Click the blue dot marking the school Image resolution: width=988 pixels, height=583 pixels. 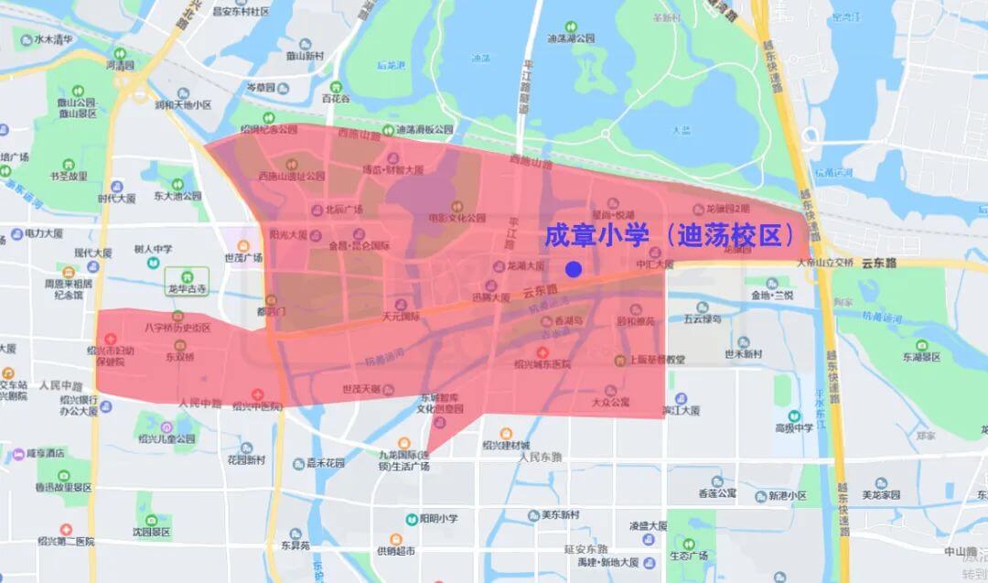(574, 269)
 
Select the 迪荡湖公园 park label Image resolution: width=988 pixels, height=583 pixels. (571, 38)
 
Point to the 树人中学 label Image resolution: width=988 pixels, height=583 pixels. (153, 248)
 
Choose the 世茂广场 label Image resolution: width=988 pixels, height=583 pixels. (244, 258)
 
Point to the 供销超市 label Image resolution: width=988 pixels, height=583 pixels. (396, 551)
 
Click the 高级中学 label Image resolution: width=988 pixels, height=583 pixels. (794, 427)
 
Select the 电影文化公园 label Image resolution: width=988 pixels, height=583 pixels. (457, 219)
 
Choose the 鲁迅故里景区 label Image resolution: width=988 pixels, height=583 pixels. (63, 487)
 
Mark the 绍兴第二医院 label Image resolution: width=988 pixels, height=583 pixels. (63, 541)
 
